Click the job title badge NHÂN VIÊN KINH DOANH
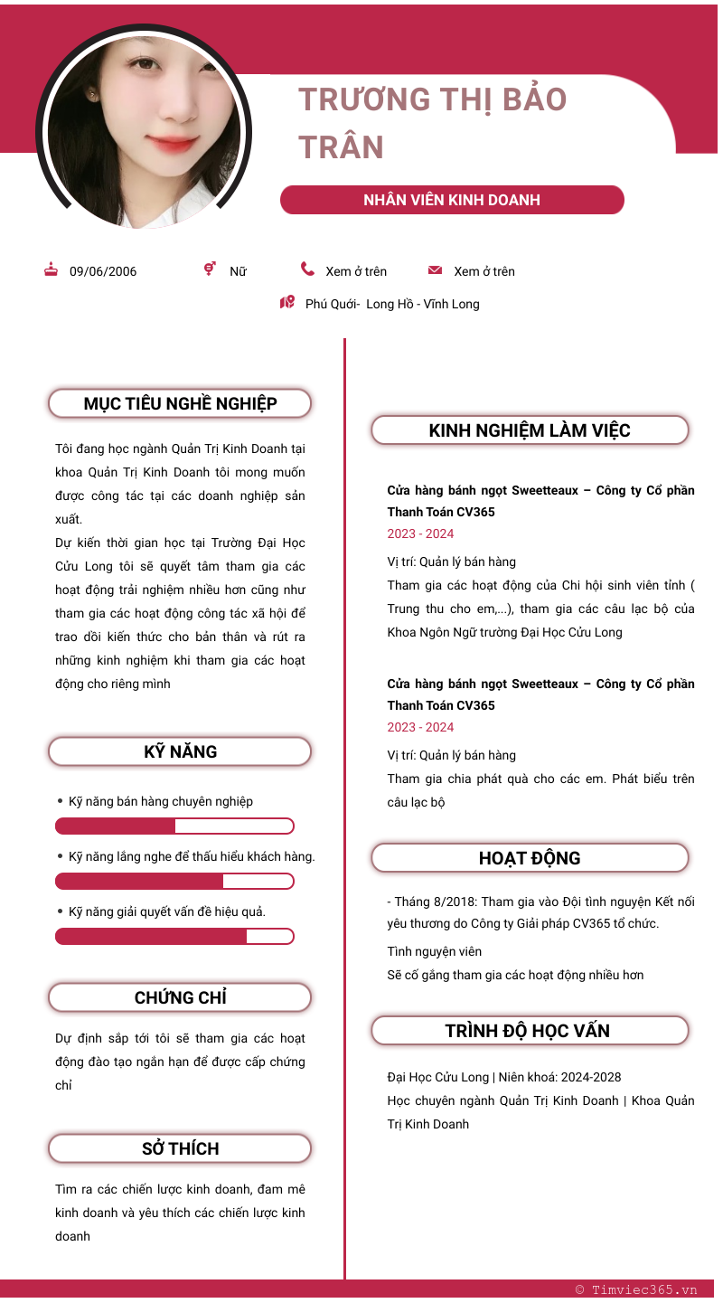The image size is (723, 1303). pyautogui.click(x=452, y=200)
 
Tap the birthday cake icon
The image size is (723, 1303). pyautogui.click(x=52, y=269)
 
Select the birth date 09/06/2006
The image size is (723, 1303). pyautogui.click(x=103, y=271)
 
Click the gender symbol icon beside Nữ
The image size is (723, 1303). pyautogui.click(x=210, y=269)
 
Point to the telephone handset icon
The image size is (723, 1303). pyautogui.click(x=307, y=269)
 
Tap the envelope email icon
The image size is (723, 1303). pyautogui.click(x=435, y=270)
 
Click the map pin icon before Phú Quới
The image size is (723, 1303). pyautogui.click(x=287, y=303)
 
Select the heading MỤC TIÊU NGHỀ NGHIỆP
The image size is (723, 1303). pyautogui.click(x=180, y=403)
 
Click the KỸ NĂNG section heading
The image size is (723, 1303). pyautogui.click(x=180, y=751)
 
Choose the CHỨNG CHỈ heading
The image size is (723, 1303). pyautogui.click(x=180, y=997)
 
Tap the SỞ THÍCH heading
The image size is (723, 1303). pyautogui.click(x=180, y=1148)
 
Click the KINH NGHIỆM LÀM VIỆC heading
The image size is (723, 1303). pyautogui.click(x=530, y=430)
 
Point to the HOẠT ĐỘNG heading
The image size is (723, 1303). pyautogui.click(x=530, y=858)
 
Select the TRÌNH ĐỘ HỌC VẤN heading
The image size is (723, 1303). pyautogui.click(x=530, y=1031)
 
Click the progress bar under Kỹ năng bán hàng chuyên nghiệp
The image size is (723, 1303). pyautogui.click(x=174, y=826)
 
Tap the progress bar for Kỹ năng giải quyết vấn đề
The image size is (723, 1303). pyautogui.click(x=174, y=936)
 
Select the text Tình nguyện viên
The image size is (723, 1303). pyautogui.click(x=434, y=951)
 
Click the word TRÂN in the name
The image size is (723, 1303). pyautogui.click(x=342, y=147)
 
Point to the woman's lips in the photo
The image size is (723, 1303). pyautogui.click(x=171, y=144)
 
